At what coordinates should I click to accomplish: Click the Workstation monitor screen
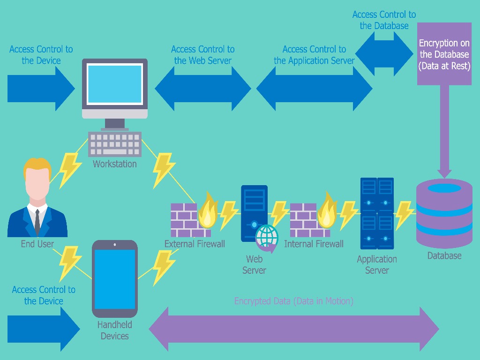(114, 84)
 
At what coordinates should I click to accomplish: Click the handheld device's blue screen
(115, 278)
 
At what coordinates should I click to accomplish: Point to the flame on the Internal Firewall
(327, 211)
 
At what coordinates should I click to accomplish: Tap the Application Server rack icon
(377, 213)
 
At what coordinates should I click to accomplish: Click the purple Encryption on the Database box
(444, 54)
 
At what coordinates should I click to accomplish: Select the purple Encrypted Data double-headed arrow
(294, 329)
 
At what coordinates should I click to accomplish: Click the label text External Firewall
(195, 244)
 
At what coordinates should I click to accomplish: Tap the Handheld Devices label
(114, 330)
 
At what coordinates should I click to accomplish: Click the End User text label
(37, 244)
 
